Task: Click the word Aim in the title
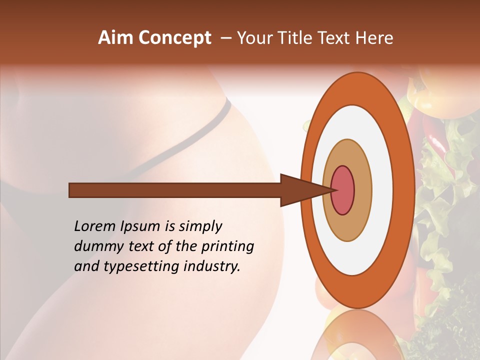tap(115, 38)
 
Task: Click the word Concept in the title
tap(175, 38)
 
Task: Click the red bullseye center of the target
tap(343, 190)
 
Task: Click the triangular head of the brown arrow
tap(300, 190)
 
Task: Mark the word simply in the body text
tap(200, 227)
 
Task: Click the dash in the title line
tap(225, 38)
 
